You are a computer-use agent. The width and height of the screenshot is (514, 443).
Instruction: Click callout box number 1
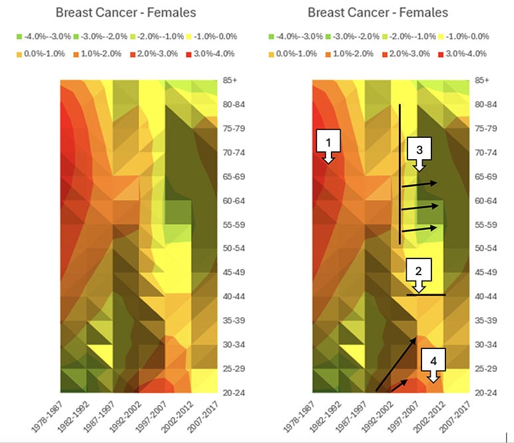328,142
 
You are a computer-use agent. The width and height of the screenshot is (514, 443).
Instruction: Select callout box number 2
418,270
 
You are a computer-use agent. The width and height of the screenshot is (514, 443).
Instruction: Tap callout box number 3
419,151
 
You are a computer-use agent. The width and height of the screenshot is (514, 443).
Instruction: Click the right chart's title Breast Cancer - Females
378,13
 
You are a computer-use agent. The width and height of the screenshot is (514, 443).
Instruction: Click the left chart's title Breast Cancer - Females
125,13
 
